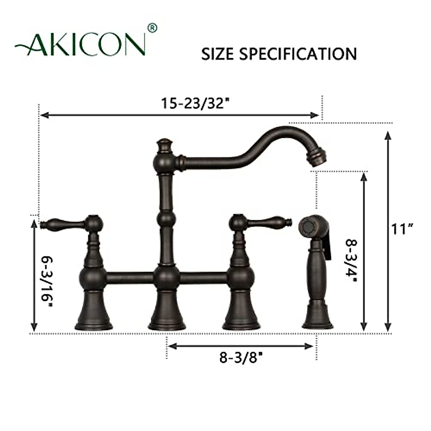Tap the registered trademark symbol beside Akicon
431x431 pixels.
point(153,27)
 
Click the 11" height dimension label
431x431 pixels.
point(403,228)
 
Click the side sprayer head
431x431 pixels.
point(312,227)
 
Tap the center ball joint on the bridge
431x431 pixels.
point(166,278)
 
